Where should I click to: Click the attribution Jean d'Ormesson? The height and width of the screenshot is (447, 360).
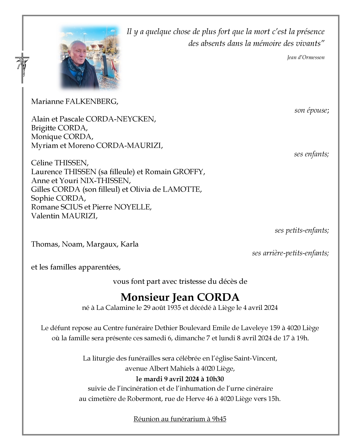point(306,57)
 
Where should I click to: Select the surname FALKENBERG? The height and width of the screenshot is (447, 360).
point(91,102)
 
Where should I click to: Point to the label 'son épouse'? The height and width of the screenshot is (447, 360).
point(311,110)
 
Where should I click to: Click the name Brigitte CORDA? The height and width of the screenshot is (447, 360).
point(59,128)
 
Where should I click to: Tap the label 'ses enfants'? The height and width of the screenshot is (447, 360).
point(311,154)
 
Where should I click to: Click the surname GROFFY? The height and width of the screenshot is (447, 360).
point(189,172)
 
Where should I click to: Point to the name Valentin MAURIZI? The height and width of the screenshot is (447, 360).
point(64,216)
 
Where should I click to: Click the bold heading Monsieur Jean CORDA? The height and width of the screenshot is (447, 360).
point(180,297)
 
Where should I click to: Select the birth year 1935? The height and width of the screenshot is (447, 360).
point(174,308)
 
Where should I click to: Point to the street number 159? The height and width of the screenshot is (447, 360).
point(275,328)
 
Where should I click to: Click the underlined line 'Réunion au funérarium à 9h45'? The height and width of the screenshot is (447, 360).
point(180,419)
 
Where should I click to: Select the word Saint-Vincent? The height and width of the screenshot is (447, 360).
point(255,358)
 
